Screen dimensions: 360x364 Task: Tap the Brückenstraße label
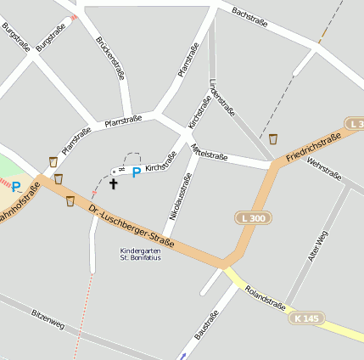111,57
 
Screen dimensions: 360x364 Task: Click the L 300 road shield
252,218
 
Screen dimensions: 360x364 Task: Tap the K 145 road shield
307,318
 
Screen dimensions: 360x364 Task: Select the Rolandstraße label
264,298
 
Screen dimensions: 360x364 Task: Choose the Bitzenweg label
48,320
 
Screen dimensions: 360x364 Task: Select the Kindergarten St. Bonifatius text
141,254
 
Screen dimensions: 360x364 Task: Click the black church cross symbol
114,183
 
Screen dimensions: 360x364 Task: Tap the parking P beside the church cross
136,173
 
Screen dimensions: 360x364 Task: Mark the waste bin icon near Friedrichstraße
273,138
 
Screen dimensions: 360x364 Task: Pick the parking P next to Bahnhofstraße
15,186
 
